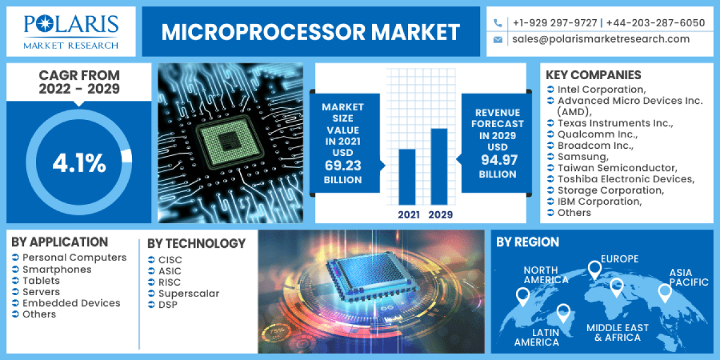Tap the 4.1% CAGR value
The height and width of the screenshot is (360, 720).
point(79,163)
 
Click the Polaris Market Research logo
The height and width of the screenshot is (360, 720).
point(71,31)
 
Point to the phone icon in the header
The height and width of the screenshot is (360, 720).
point(498,23)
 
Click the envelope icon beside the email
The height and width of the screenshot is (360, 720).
point(498,40)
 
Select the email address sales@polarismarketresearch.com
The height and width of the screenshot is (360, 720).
point(601,40)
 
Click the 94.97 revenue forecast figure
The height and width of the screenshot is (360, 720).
point(497,160)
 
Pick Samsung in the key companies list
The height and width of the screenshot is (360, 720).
point(583,157)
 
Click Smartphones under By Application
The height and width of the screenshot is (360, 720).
point(57,269)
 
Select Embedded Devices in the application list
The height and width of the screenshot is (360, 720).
point(71,303)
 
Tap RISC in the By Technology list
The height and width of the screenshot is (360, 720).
point(169,282)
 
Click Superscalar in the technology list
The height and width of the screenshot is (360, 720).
point(188,293)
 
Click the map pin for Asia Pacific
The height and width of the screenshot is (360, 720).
point(664,292)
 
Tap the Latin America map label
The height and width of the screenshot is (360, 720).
point(536,337)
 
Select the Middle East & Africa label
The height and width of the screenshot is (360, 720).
point(617,332)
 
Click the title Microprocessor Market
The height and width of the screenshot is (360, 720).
point(310,32)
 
